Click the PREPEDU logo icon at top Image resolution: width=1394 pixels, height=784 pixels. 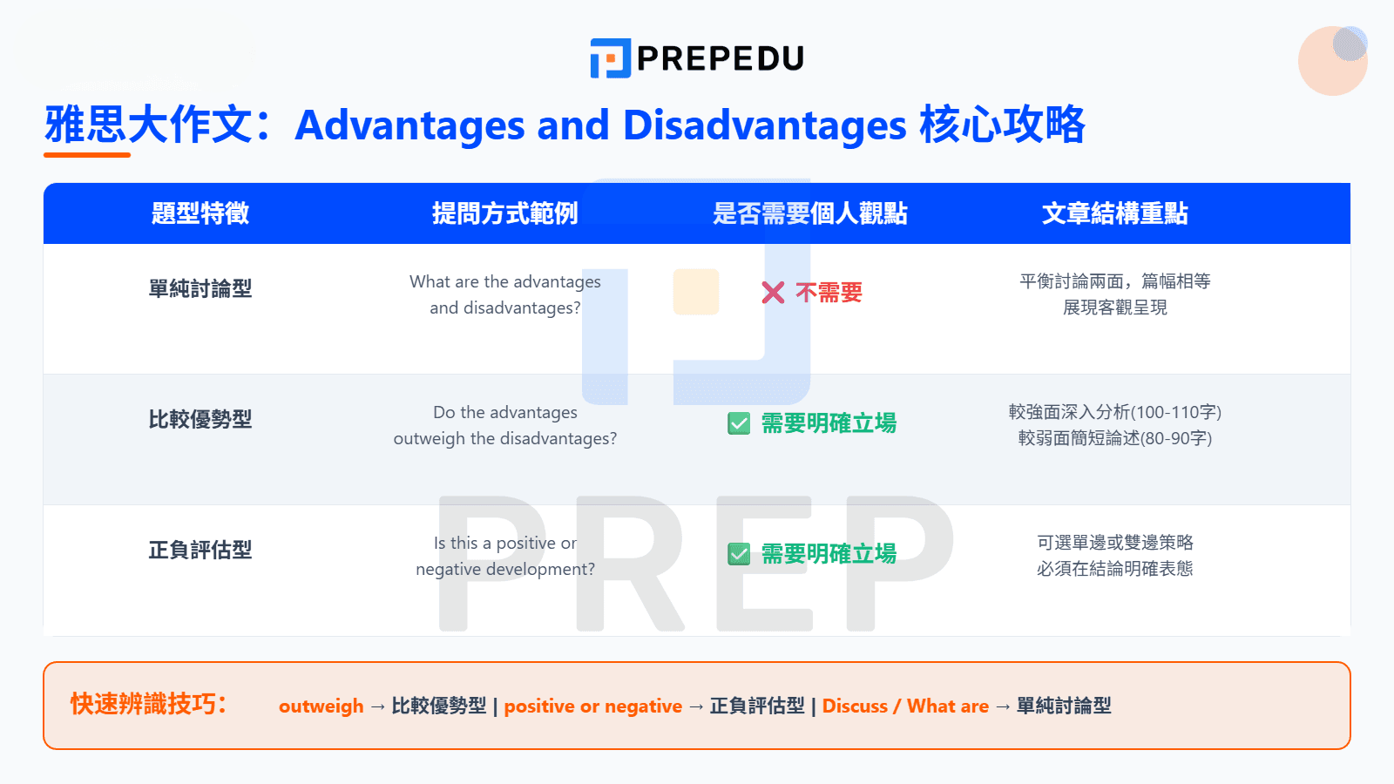610,58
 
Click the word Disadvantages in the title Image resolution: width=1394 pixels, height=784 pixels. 764,125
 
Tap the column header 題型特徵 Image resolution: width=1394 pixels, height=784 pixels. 200,213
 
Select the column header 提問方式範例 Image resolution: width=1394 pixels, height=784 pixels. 504,213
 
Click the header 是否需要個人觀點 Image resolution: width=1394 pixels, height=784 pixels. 809,213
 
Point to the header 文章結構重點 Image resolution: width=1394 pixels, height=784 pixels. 1114,213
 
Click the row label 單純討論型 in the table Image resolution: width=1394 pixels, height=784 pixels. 200,288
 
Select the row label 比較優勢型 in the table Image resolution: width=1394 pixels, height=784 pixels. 200,419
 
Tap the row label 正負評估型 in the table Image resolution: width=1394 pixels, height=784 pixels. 200,550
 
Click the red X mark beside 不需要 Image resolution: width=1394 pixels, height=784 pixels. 773,293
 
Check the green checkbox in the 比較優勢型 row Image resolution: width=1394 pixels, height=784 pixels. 739,423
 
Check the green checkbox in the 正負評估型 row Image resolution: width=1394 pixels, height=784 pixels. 739,554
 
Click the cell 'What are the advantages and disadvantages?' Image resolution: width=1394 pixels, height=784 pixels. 504,294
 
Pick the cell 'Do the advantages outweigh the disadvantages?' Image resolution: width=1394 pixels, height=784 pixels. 504,425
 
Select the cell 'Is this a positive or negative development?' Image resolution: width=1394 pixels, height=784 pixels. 504,556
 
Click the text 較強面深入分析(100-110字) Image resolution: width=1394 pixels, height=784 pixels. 1114,412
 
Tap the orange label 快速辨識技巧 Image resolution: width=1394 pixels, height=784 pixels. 148,704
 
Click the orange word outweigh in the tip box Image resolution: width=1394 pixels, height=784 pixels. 321,706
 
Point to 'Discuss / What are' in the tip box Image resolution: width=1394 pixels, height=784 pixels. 905,706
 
